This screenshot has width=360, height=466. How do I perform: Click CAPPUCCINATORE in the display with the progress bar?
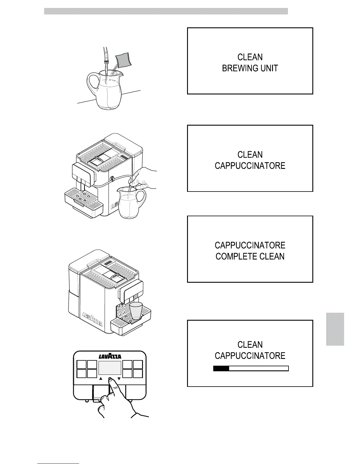(x=250, y=356)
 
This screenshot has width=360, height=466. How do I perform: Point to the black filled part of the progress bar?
(x=221, y=368)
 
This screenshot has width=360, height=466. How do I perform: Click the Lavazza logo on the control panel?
(x=110, y=356)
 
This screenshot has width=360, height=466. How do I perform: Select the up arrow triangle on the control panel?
(x=101, y=379)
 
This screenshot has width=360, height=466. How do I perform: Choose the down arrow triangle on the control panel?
(x=119, y=379)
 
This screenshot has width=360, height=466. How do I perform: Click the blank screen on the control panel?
(x=110, y=368)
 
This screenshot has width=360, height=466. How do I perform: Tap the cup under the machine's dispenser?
(x=136, y=311)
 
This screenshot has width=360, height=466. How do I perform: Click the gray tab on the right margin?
(x=335, y=329)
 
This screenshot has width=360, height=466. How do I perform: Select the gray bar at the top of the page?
(x=166, y=11)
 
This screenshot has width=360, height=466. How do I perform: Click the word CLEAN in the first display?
(x=250, y=57)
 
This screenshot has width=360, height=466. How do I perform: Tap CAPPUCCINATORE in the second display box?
(x=250, y=166)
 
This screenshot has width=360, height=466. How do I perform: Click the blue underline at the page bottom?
(x=58, y=463)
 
